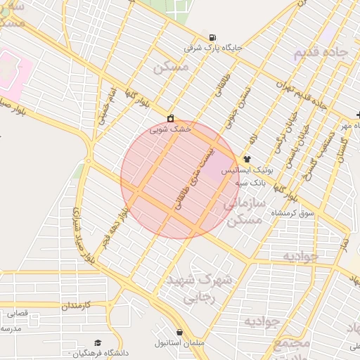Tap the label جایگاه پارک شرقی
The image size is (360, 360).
[213, 48]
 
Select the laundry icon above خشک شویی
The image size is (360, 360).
[170, 118]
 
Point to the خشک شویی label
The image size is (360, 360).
[171, 129]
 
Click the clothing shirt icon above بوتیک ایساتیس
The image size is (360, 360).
[247, 160]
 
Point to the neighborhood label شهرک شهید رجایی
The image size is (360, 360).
[199, 288]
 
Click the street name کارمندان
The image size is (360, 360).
[87, 306]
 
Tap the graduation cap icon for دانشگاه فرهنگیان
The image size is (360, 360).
[97, 342]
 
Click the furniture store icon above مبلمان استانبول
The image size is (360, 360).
[180, 332]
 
